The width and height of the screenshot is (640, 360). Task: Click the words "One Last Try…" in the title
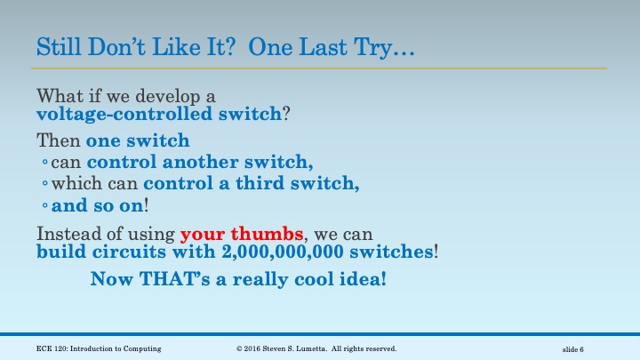pos(332,46)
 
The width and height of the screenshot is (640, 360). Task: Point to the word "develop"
pos(175,95)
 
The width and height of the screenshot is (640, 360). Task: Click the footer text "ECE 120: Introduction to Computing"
pos(99,348)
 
